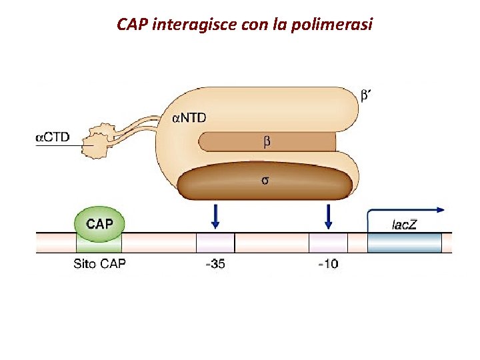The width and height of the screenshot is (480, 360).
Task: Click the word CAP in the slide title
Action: coord(133,25)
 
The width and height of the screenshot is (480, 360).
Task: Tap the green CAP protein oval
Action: coord(99,223)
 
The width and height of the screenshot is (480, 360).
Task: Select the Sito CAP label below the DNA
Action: coord(99,263)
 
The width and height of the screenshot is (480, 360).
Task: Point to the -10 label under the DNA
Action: coord(327,263)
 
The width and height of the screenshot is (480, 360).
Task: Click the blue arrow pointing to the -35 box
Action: coord(215,215)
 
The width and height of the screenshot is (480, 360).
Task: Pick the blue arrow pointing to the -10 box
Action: coord(328,215)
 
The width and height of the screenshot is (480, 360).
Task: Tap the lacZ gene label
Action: coord(403,224)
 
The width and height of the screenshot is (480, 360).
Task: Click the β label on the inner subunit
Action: coord(267,141)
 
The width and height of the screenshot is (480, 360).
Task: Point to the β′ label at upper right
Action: coord(365,95)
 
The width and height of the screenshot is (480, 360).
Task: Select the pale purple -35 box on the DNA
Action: coord(215,243)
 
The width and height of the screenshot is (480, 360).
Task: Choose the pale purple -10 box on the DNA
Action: coord(328,243)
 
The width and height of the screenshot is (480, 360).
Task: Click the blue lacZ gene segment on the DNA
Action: coord(405,243)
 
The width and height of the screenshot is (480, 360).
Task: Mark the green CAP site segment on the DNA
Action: coord(99,243)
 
